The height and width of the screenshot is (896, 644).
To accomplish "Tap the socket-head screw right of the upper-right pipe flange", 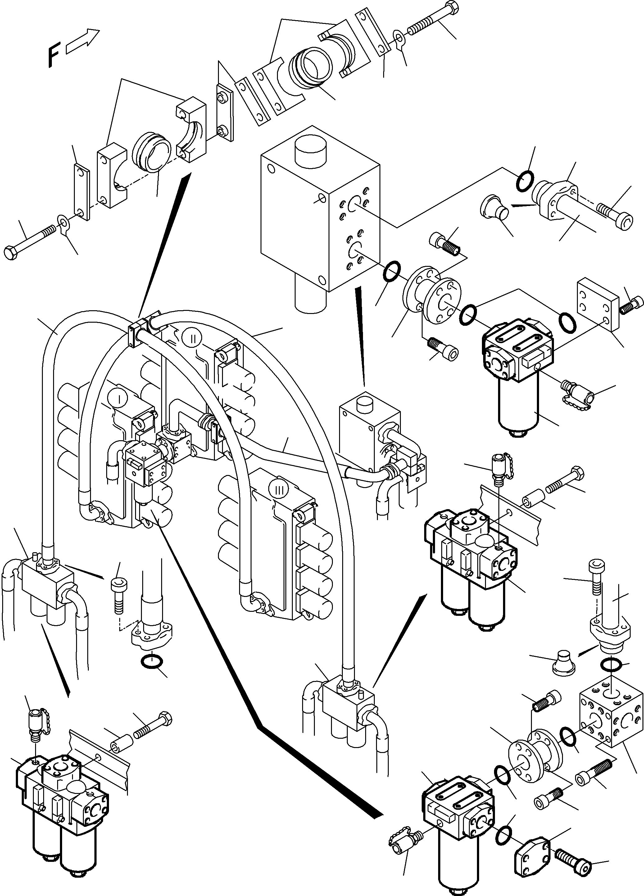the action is click(615, 213).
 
